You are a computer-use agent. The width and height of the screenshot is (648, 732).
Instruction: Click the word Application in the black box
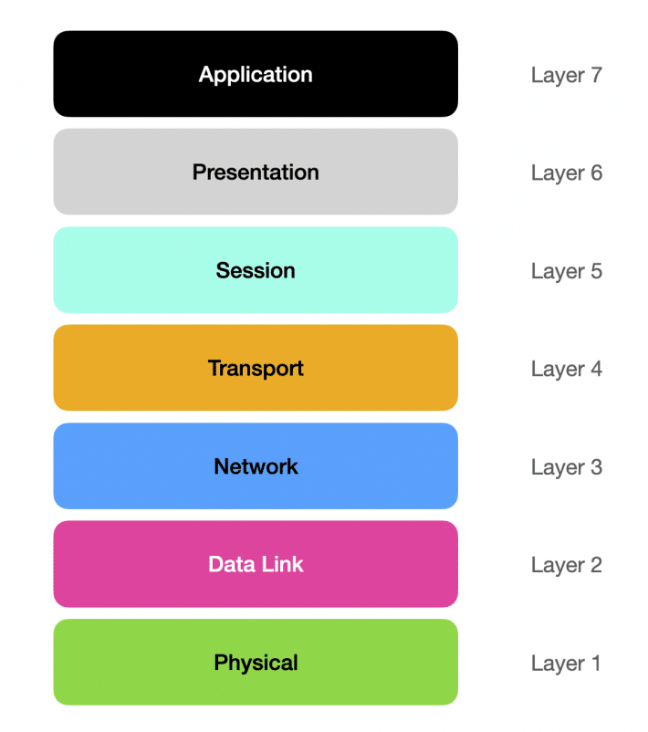pos(256,75)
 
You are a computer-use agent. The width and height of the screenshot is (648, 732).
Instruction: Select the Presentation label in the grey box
pos(256,173)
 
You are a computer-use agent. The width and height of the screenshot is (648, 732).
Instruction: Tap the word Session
pos(256,270)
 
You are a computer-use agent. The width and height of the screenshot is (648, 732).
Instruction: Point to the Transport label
pos(256,369)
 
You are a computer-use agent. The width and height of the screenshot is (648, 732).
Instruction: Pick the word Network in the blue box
pos(256,466)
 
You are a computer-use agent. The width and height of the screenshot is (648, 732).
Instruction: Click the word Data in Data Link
pos(231,564)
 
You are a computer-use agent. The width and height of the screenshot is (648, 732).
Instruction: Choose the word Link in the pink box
pos(282,564)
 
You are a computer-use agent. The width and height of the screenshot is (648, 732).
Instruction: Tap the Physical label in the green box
pos(256,663)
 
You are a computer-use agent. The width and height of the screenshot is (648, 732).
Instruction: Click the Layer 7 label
pos(566,75)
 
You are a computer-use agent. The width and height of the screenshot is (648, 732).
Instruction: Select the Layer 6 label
pos(566,173)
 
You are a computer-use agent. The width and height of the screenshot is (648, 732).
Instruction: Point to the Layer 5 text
pos(566,271)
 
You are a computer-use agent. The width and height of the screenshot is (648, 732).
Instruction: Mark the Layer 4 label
pos(566,370)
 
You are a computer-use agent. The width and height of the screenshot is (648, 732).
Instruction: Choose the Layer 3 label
pos(566,467)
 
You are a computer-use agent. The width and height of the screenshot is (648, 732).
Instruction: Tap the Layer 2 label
pos(566,565)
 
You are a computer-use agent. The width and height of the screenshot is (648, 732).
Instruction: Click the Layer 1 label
pos(566,664)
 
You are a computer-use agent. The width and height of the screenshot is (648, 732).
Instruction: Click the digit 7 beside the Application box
pos(596,75)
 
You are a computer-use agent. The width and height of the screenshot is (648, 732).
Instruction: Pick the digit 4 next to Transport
pos(596,369)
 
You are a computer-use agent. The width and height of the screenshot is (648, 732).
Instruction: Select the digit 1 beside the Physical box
pos(596,663)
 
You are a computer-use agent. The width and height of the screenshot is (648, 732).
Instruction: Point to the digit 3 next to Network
pos(596,466)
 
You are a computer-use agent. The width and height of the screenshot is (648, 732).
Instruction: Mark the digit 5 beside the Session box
pos(596,271)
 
